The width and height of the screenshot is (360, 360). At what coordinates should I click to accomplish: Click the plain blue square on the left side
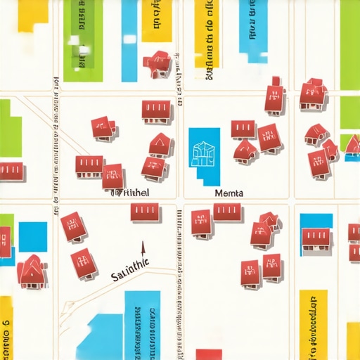[x=32, y=236]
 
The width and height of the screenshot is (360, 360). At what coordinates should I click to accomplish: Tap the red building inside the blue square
[x=316, y=238]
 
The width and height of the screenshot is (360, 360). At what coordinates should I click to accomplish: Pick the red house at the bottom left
[x=32, y=272]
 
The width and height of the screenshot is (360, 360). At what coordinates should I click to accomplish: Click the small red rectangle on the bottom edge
[x=208, y=354]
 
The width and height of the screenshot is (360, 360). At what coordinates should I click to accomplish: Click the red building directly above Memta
[x=245, y=150]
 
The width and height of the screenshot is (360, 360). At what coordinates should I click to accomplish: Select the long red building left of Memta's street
[x=146, y=212]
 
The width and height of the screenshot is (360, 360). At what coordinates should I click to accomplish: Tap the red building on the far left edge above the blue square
[x=11, y=171]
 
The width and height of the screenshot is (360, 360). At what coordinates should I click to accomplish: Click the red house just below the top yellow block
[x=159, y=63]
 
